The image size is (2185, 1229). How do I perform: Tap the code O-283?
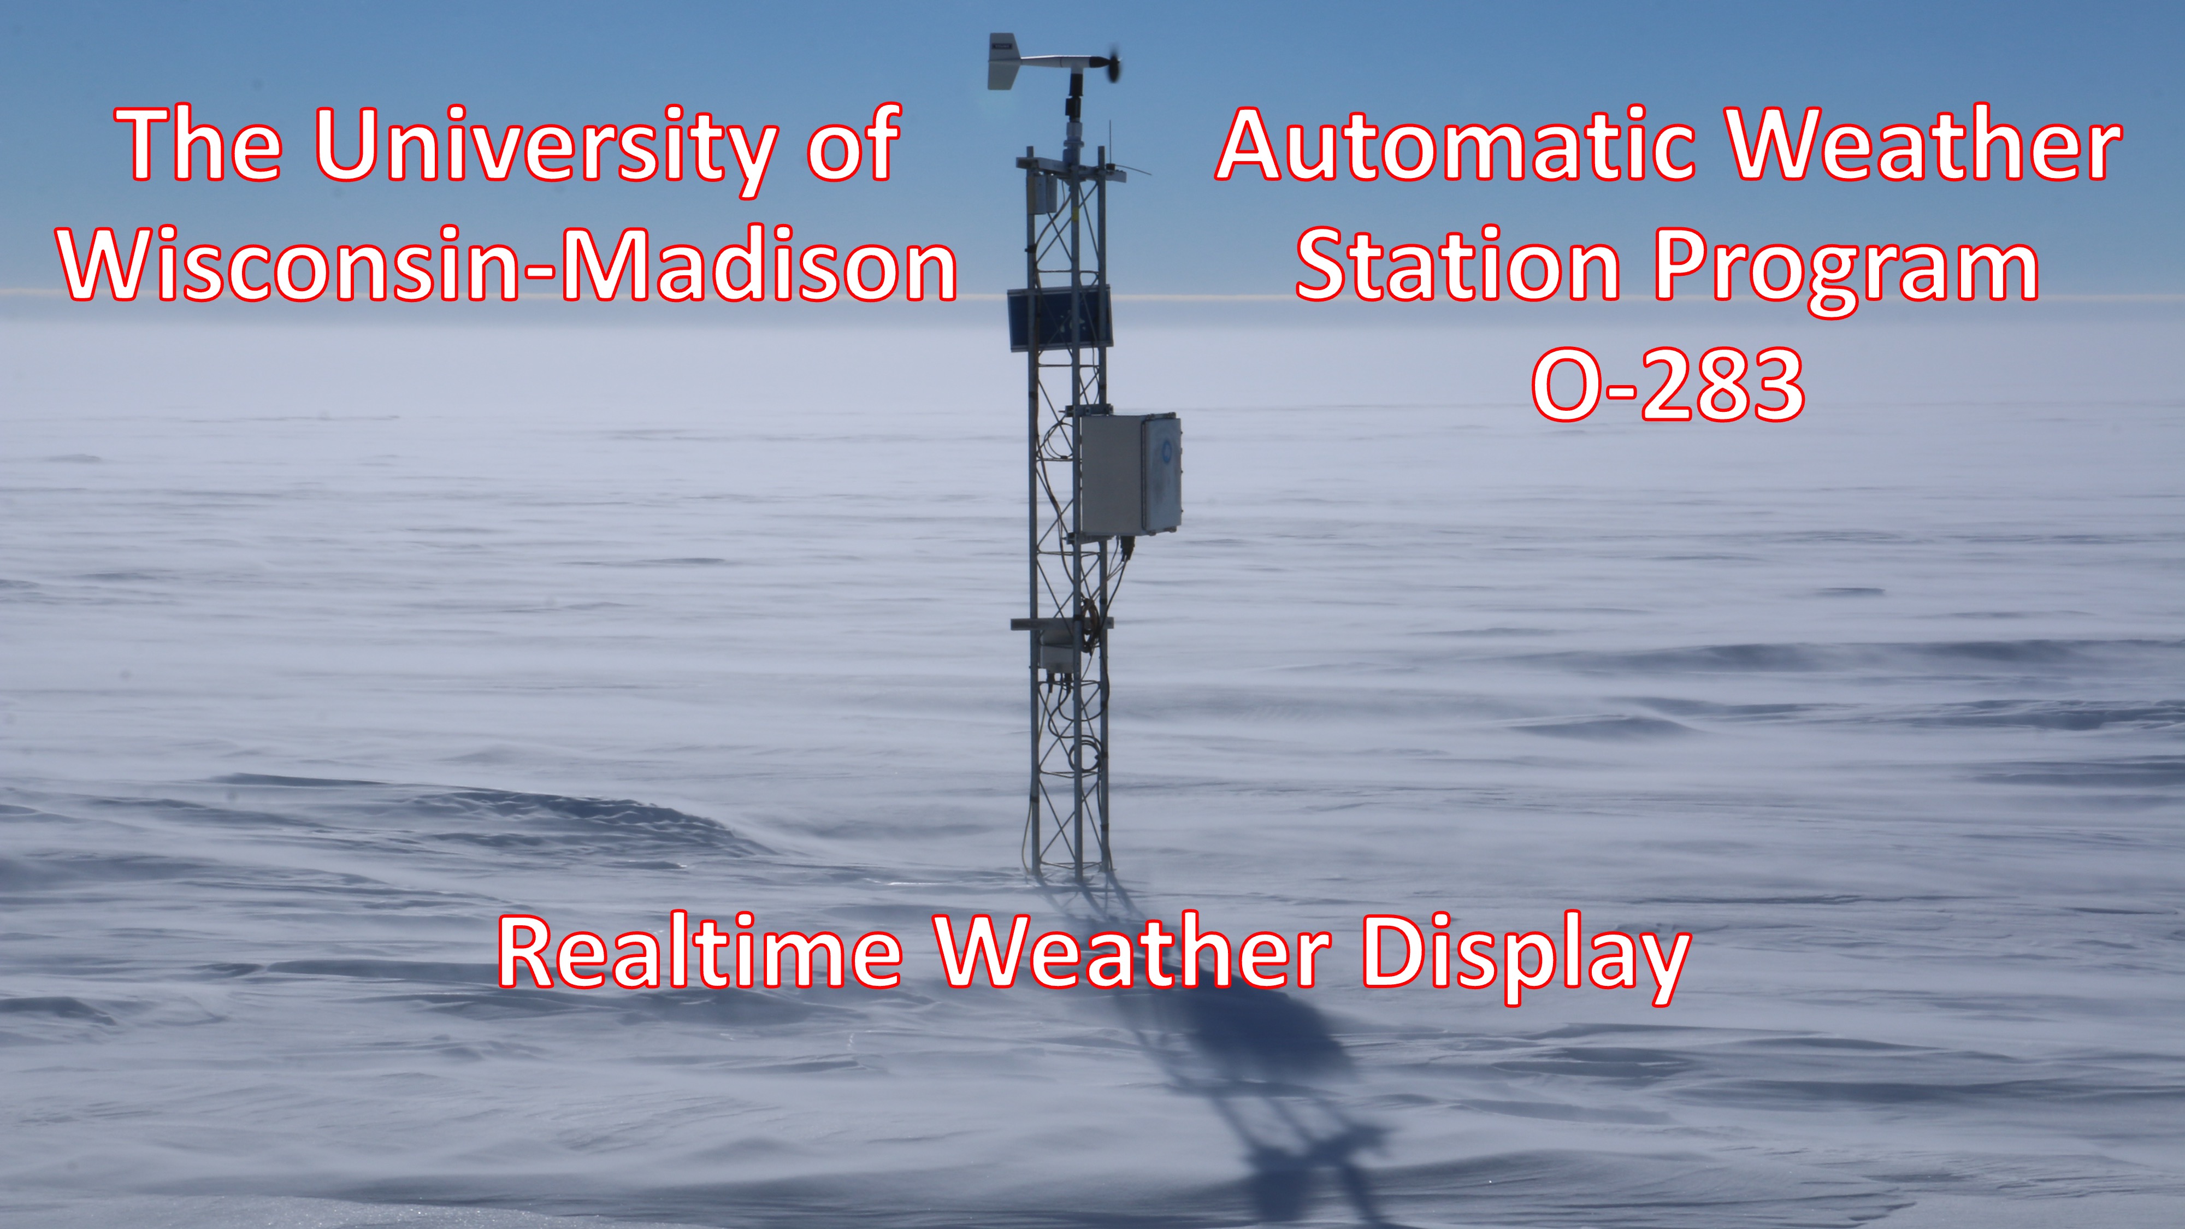click(x=1668, y=384)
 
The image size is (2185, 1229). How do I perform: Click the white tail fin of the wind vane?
click(x=1002, y=62)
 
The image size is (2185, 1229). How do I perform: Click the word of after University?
click(x=853, y=146)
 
